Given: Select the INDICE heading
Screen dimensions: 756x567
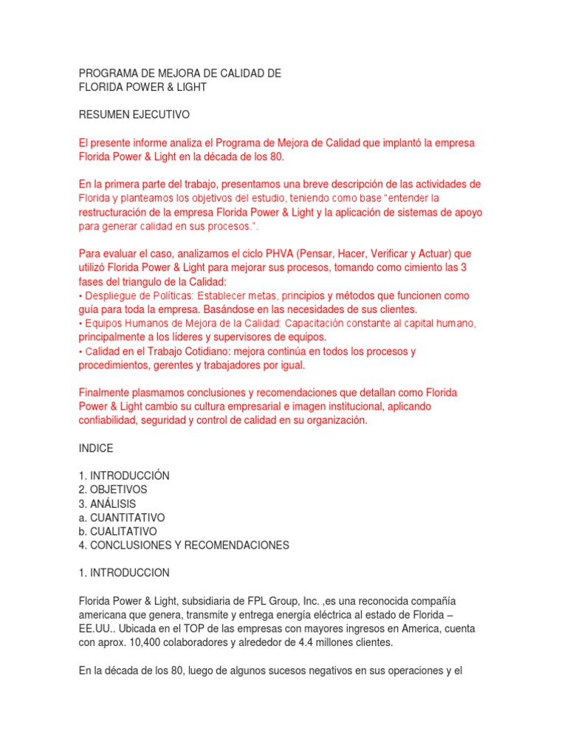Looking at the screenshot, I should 96,448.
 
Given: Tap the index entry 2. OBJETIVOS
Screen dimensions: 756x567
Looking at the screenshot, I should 113,489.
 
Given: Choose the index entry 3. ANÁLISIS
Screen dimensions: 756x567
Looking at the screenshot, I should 107,504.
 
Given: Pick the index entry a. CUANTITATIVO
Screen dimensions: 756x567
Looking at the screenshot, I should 121,518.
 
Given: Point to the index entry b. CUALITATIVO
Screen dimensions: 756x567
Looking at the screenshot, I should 117,532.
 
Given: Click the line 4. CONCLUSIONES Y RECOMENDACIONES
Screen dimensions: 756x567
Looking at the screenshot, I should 184,546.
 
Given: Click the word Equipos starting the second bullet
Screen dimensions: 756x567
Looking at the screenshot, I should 104,323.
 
